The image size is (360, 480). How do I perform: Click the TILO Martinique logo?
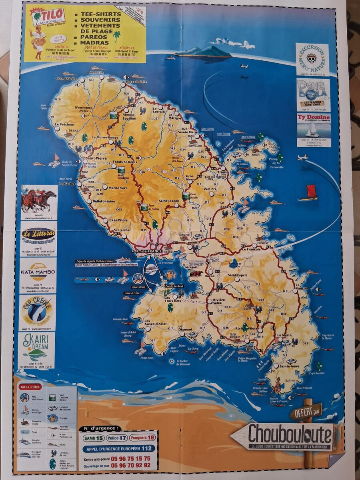pos(48,16)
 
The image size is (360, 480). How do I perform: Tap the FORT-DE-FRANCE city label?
pos(146,251)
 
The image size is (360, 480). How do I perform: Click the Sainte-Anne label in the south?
pos(290,366)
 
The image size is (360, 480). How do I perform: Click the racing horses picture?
pos(39,201)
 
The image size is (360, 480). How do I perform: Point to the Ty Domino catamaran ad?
pos(314,130)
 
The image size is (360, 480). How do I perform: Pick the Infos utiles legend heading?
pos(30,387)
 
